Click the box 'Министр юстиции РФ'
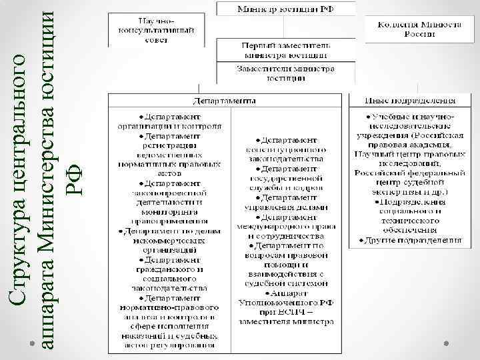[285, 9]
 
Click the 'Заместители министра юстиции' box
[285, 73]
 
